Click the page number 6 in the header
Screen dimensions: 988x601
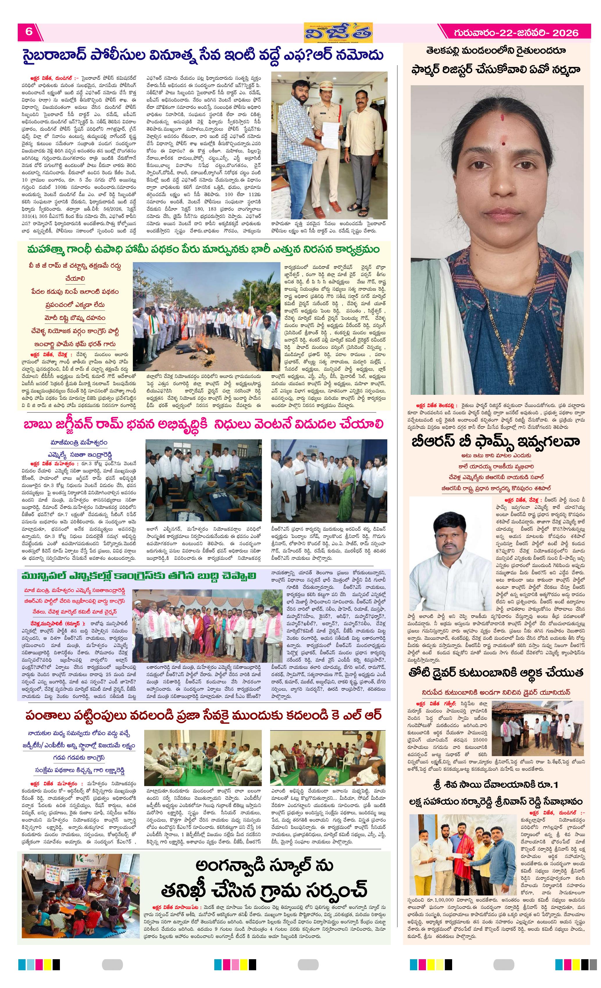(29, 31)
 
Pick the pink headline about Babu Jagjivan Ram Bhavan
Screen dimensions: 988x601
(203, 424)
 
